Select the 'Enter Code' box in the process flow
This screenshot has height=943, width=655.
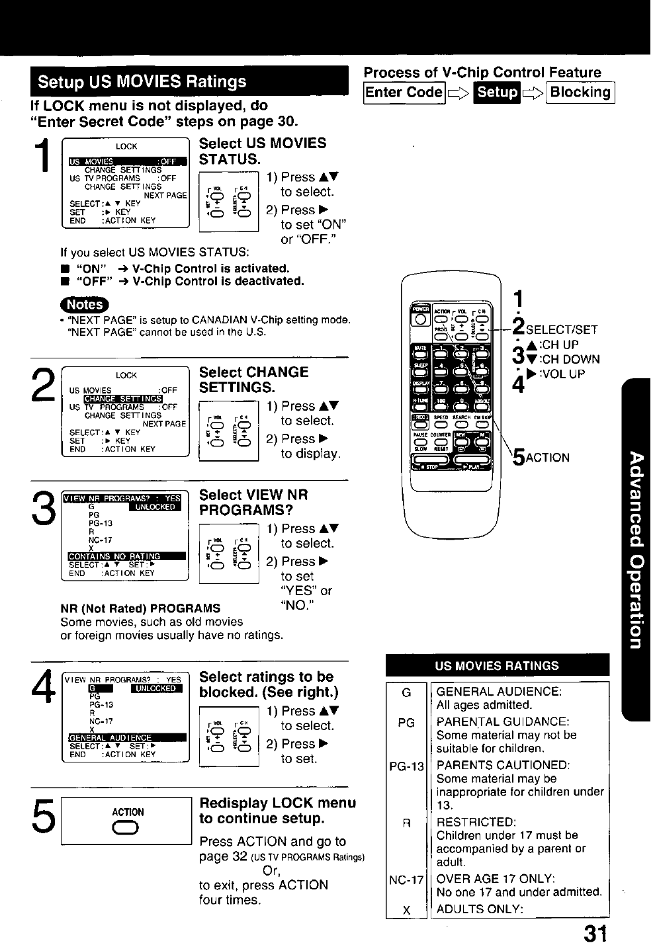coord(404,93)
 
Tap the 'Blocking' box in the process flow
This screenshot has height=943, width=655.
coord(582,93)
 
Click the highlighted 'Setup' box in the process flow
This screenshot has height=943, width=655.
coord(498,93)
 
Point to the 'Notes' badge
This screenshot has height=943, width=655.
coord(86,305)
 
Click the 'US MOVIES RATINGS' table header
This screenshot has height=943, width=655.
coord(497,666)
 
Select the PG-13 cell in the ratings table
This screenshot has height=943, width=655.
coord(406,767)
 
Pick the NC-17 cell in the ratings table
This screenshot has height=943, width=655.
coord(406,880)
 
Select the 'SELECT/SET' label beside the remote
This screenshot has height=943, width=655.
coord(563,328)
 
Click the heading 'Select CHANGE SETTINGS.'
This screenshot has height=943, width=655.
coord(254,380)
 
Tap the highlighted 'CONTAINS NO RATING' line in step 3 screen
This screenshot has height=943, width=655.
coord(126,556)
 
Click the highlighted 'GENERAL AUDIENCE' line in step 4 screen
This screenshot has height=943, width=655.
coord(126,737)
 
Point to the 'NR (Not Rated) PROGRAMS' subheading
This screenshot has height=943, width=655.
coord(140,608)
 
